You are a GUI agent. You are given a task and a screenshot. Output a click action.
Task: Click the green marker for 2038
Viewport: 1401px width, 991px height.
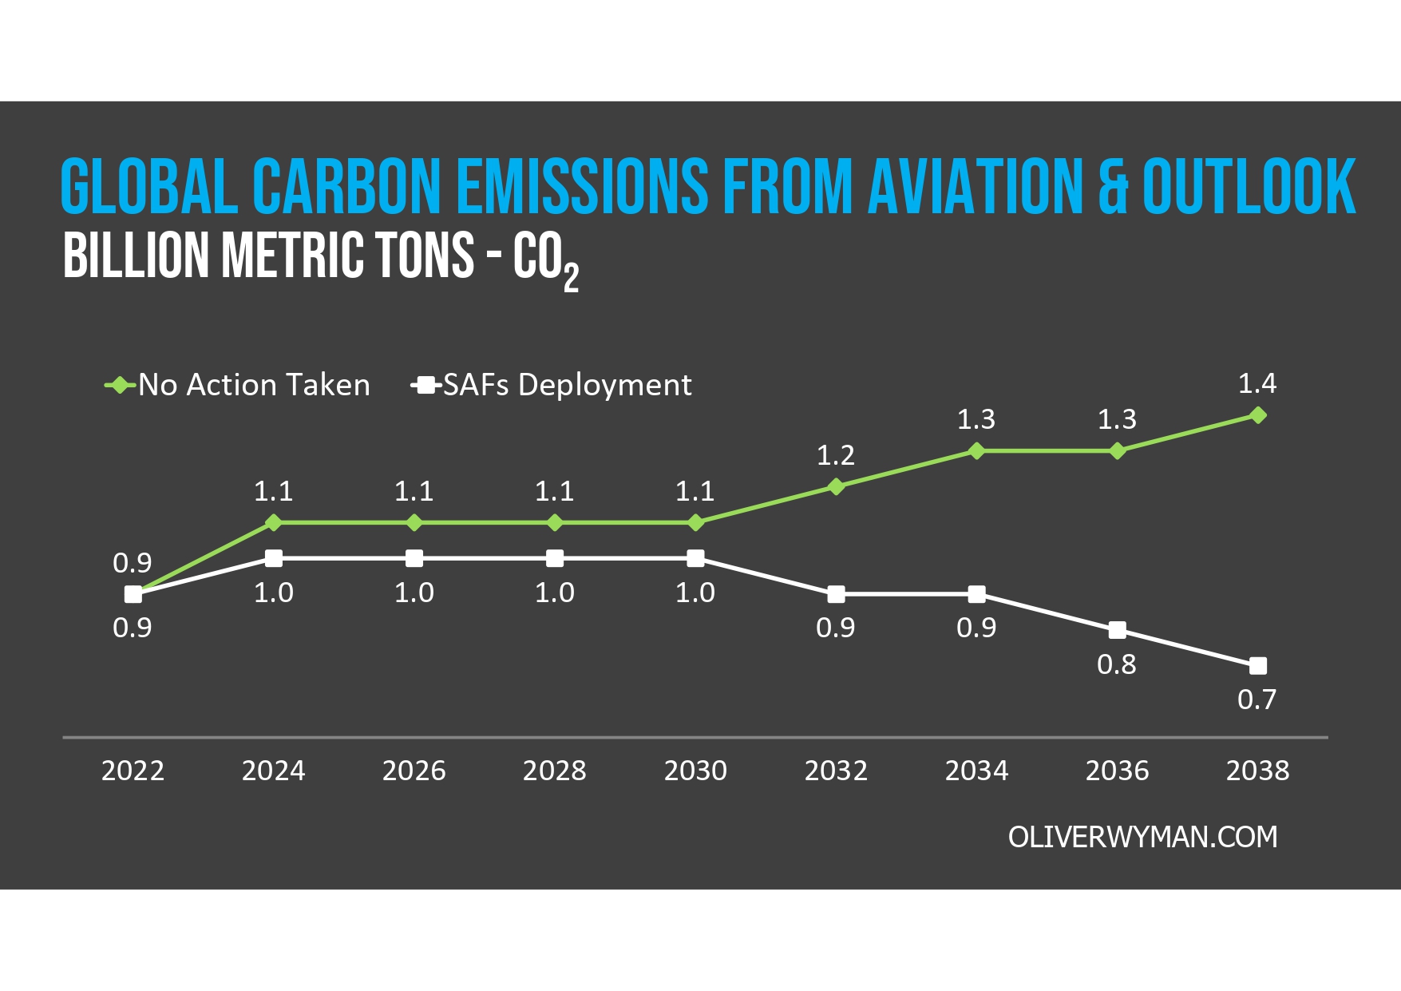point(1257,415)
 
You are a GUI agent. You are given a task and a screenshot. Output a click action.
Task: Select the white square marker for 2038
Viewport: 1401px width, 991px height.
point(1257,665)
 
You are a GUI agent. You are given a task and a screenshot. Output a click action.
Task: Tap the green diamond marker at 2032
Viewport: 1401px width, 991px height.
point(836,486)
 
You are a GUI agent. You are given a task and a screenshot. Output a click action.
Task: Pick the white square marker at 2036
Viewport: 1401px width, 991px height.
point(1118,630)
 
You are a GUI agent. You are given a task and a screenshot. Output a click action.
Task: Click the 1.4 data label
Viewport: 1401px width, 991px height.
point(1257,384)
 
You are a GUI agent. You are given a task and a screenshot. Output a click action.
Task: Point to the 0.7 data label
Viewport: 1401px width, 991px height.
point(1257,700)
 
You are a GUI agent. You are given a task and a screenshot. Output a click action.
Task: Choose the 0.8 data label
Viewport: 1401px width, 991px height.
point(1117,664)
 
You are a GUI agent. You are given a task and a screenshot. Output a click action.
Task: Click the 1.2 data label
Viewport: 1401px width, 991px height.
point(836,455)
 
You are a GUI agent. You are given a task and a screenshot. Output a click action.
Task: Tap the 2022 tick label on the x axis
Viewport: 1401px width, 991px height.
point(133,771)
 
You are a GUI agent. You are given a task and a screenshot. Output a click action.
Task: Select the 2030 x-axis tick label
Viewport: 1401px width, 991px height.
point(695,771)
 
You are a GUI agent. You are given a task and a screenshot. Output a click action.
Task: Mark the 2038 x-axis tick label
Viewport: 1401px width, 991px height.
point(1257,771)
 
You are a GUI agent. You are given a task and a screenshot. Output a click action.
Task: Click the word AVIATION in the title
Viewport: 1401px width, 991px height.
point(975,187)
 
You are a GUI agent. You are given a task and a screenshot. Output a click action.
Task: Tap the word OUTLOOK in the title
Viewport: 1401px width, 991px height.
point(1249,187)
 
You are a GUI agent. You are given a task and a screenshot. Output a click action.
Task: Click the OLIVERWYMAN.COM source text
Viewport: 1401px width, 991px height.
point(1142,837)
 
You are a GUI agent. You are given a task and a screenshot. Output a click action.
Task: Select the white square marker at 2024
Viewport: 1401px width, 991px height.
point(273,558)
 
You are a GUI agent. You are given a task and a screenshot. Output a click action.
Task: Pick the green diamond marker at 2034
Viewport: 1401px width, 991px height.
point(976,451)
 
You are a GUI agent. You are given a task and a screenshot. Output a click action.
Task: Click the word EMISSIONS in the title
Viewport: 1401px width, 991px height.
point(582,187)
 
